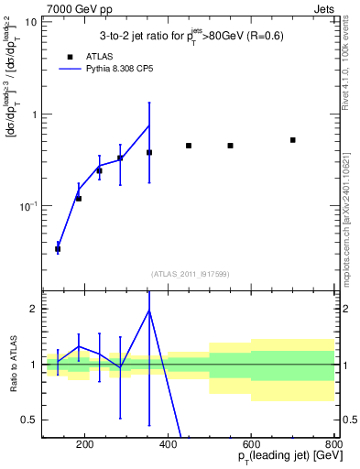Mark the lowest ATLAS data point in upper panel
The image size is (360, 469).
pos(58,249)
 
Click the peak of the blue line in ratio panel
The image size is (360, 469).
pos(149,310)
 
